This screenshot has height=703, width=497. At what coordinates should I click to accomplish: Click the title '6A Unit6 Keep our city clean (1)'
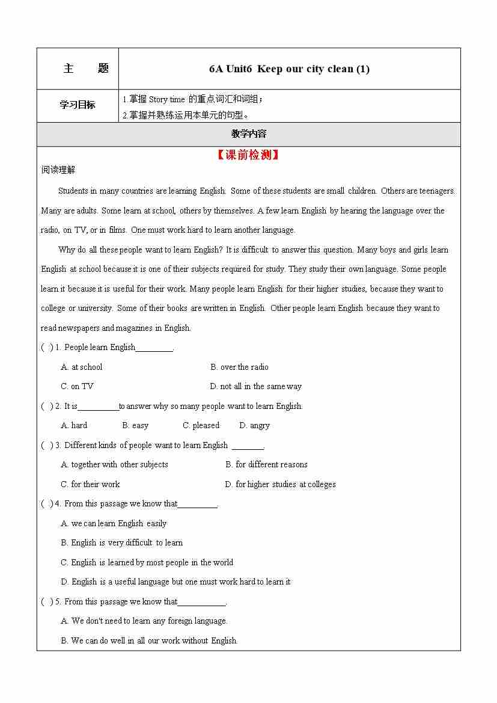click(289, 69)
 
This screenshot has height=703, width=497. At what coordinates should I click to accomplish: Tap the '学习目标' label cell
click(78, 105)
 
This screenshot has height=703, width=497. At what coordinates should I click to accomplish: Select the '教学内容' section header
click(248, 134)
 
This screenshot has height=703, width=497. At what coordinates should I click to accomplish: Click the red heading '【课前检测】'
click(248, 155)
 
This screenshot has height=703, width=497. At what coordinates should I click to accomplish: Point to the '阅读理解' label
click(58, 170)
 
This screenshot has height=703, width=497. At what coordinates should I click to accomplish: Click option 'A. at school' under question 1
click(82, 367)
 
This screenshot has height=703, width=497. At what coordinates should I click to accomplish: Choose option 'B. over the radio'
click(239, 367)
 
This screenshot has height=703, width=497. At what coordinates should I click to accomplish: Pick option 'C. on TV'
click(77, 386)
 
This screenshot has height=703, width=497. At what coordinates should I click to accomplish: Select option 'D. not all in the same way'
click(255, 386)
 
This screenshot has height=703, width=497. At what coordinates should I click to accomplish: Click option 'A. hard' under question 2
click(74, 425)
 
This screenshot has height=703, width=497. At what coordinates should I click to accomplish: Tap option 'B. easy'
click(135, 425)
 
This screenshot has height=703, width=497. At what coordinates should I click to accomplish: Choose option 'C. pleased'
click(201, 425)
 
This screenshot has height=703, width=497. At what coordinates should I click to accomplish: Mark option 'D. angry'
click(254, 425)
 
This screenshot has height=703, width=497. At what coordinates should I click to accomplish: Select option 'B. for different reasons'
click(266, 464)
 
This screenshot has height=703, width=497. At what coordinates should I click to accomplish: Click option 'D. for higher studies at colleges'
click(280, 484)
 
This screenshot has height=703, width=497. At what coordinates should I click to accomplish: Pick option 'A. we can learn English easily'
click(114, 523)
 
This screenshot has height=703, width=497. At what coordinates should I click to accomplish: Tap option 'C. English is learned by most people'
click(147, 562)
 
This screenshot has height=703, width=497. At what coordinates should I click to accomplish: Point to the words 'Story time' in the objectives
click(166, 99)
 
